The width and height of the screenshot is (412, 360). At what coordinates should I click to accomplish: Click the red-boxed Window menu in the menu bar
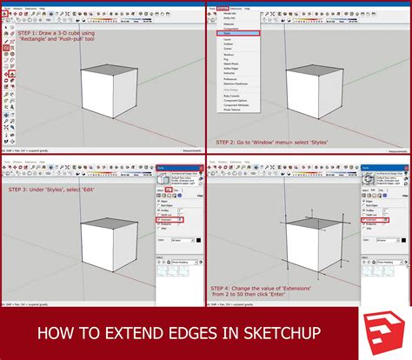[x=223, y=8]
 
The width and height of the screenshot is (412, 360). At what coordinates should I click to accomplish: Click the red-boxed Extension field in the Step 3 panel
[x=169, y=220]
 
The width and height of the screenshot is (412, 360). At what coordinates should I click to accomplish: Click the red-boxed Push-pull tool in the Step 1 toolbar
[x=8, y=75]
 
